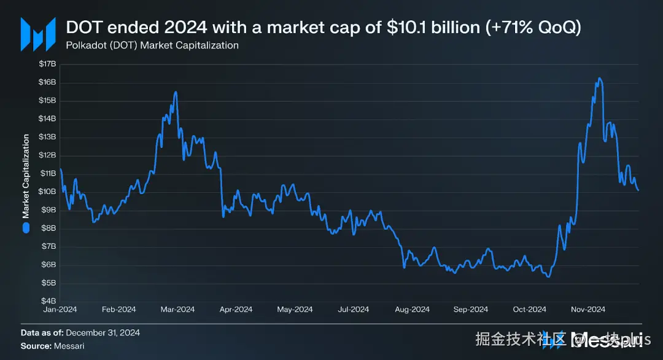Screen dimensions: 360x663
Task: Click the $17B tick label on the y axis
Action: click(x=48, y=64)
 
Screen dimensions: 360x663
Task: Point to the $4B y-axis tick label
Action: click(x=48, y=301)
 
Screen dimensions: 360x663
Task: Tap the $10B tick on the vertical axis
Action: click(x=48, y=192)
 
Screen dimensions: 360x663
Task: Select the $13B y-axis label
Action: click(x=48, y=137)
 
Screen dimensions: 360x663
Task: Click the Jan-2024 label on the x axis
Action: click(x=60, y=310)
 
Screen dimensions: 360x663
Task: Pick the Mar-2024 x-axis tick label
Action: click(x=177, y=310)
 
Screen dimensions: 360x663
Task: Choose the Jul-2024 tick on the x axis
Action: click(x=353, y=310)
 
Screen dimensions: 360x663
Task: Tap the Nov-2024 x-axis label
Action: click(x=588, y=310)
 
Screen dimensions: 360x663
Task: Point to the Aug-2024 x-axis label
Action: click(x=412, y=310)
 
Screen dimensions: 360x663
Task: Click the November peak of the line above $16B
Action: click(x=599, y=79)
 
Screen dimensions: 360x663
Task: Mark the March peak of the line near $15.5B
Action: click(x=176, y=92)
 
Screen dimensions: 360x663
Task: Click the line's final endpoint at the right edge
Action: click(x=638, y=190)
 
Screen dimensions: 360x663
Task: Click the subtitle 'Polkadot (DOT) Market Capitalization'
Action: click(x=152, y=45)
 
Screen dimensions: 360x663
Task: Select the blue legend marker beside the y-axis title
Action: click(x=26, y=228)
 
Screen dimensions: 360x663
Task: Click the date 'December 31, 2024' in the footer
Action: click(x=103, y=333)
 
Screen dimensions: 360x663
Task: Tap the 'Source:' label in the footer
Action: click(x=36, y=346)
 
